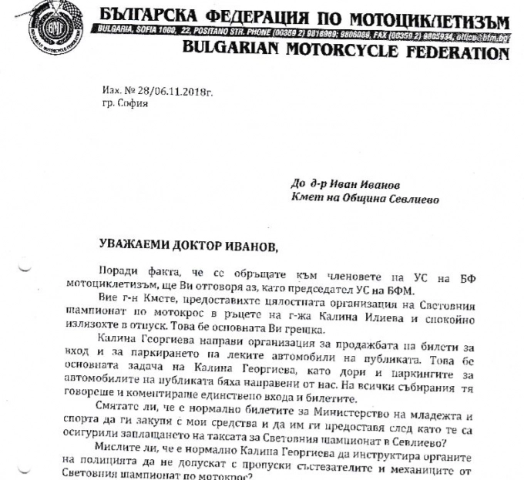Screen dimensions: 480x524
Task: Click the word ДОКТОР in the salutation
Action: coord(210,245)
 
